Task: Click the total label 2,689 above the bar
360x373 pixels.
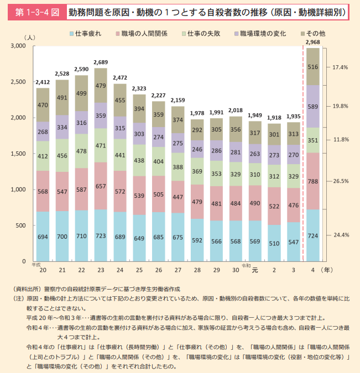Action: pos(101,62)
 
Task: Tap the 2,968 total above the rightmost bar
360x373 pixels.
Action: pos(312,43)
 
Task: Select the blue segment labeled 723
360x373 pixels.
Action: pos(101,235)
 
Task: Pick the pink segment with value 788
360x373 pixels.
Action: pos(313,181)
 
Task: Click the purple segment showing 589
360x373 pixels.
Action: pos(313,107)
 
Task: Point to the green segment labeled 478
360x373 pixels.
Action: pos(81,151)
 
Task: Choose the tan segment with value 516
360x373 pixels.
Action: pos(313,67)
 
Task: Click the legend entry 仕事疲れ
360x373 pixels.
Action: pos(86,34)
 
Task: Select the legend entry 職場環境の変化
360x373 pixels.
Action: pos(260,34)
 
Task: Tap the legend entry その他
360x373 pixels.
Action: pos(314,34)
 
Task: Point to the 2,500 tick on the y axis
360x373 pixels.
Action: pos(18,82)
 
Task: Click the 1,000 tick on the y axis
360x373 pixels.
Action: pos(18,190)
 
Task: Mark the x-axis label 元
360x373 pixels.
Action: pos(255,270)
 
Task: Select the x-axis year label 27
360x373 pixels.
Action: pos(178,270)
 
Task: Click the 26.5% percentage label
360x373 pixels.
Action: pos(341,181)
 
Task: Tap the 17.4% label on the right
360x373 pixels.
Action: pos(340,67)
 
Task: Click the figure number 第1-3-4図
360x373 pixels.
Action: pos(37,12)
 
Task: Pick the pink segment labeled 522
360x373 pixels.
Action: pos(274,206)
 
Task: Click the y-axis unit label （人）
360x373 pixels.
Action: pos(30,38)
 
